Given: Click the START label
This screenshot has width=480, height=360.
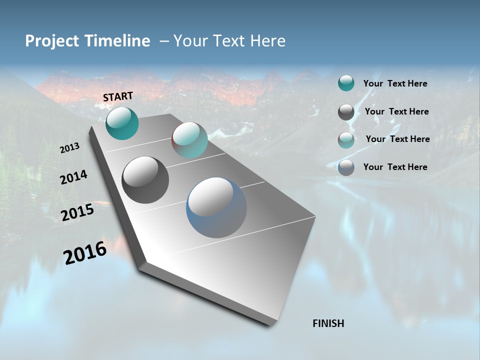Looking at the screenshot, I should point(118,96).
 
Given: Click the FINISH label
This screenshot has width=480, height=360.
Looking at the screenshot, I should point(328,323).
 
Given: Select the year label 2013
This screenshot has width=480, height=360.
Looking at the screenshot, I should point(69,148).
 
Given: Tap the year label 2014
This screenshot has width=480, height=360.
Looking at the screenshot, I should point(73,177).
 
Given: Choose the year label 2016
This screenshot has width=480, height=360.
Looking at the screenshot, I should point(85,252).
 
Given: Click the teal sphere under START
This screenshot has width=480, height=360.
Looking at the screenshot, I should point(122,123).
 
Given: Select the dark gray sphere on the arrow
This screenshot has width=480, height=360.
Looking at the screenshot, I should point(145,180).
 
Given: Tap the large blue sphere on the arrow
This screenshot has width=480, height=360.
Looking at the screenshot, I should point(216,207).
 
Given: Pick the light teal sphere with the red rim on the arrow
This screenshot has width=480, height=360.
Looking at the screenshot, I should point(189,140).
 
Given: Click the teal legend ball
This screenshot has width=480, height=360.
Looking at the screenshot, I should point(346,83).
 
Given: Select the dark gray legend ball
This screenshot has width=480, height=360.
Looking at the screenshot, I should point(346,112).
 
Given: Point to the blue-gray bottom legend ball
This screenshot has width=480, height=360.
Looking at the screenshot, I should point(346,167).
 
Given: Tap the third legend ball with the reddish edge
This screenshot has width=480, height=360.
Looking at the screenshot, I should point(346,140).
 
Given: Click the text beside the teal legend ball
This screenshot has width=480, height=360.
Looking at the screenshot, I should point(395,83).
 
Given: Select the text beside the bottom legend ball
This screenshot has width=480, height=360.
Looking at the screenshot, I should point(395,167).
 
